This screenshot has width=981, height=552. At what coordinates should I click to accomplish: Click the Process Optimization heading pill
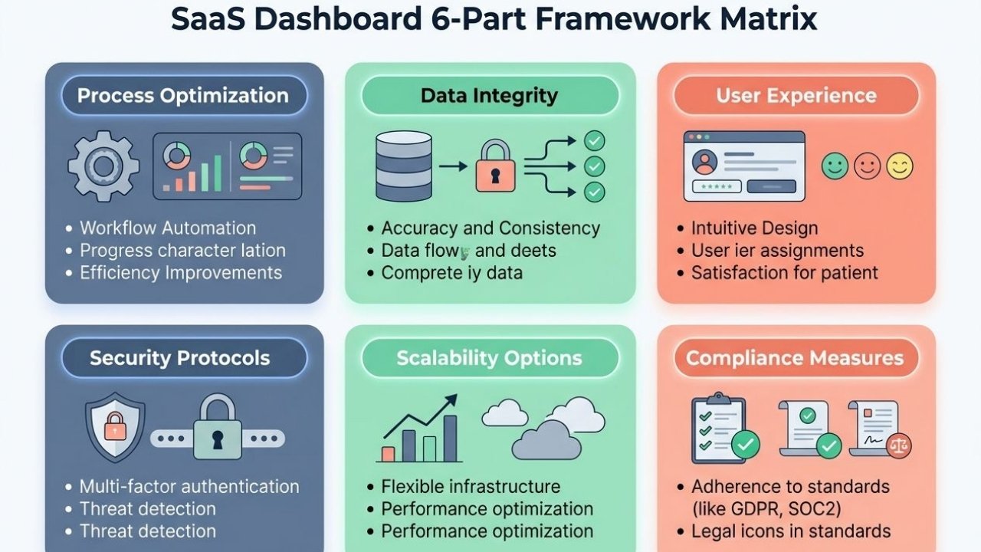click(183, 96)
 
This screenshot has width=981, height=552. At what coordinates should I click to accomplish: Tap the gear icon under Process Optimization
click(103, 165)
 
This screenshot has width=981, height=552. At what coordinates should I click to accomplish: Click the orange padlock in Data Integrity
click(495, 166)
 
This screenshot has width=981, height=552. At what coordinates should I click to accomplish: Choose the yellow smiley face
click(900, 166)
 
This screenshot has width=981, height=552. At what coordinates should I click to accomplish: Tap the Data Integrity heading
click(489, 96)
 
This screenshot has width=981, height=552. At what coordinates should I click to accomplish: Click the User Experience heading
click(796, 96)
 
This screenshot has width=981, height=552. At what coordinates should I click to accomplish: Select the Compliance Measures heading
click(795, 358)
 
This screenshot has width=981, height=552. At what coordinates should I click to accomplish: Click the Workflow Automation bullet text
click(168, 228)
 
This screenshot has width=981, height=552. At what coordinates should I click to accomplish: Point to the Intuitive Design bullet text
click(754, 228)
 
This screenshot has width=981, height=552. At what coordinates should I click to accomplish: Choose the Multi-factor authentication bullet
click(189, 486)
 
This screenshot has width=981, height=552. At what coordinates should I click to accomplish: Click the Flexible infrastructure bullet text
click(471, 486)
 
